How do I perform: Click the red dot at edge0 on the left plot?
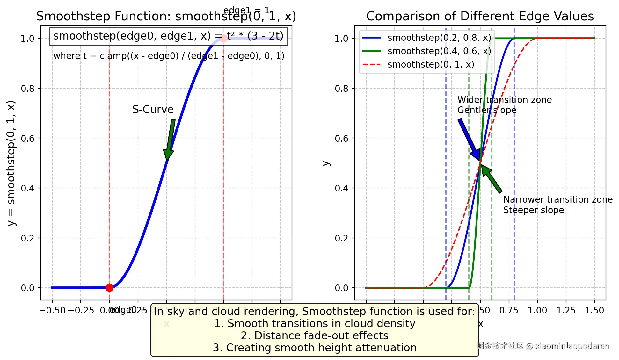tap(109, 288)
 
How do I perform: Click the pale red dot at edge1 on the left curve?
tap(223, 39)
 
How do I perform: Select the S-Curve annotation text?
tap(153, 109)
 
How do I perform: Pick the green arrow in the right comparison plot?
tap(492, 179)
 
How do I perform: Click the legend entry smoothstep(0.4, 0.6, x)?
tap(439, 51)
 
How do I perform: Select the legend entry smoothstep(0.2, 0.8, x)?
tap(439, 38)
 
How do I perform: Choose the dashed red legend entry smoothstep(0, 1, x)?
tap(430, 64)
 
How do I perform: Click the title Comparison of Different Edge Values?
tap(480, 16)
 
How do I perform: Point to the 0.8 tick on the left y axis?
tap(28, 89)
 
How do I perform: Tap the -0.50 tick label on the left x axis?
tap(52, 310)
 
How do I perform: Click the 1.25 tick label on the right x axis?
tap(566, 310)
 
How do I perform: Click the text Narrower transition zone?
tap(558, 199)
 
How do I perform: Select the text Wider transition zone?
tap(505, 100)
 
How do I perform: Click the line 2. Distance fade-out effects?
tap(314, 335)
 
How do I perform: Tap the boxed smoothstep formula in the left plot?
tap(168, 36)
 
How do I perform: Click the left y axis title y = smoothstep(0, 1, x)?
tap(11, 163)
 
